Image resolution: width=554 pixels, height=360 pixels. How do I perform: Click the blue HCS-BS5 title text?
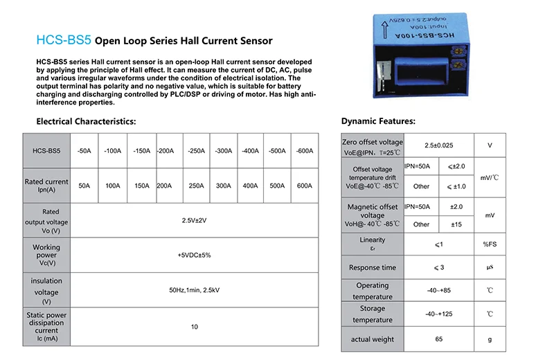click(62, 40)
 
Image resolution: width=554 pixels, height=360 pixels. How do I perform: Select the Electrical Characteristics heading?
click(86, 121)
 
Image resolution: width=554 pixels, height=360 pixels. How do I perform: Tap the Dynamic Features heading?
click(378, 121)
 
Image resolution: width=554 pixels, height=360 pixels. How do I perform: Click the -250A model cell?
click(197, 150)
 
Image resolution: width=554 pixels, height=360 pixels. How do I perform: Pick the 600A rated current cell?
click(304, 186)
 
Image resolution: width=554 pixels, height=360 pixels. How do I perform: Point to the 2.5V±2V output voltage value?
click(194, 220)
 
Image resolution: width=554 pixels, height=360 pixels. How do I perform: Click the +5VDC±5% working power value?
click(194, 255)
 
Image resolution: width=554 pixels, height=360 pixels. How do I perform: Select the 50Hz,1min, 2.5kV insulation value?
click(194, 290)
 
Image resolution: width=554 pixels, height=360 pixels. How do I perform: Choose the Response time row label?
click(373, 267)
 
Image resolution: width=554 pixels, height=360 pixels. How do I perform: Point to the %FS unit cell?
click(490, 244)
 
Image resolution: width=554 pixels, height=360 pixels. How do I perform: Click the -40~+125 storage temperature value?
click(439, 314)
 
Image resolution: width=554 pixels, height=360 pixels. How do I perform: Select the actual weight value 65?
click(439, 339)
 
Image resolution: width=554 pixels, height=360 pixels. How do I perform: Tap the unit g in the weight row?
click(490, 339)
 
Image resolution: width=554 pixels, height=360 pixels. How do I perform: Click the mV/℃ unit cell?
click(490, 177)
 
